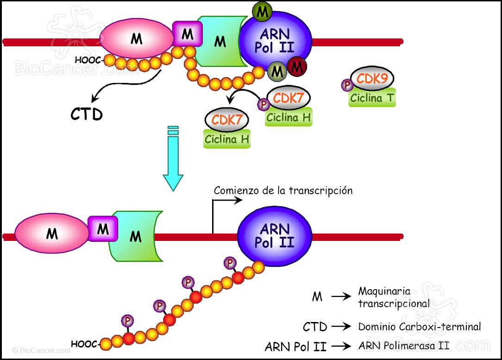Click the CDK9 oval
tap(372, 79)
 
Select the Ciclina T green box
tap(372, 98)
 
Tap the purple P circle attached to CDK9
tap(346, 85)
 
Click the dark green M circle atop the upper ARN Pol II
tap(263, 12)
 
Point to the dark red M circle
tap(297, 67)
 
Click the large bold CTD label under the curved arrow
tap(87, 114)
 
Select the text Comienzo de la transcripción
tap(283, 190)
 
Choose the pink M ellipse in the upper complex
tap(136, 39)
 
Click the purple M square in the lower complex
tap(102, 228)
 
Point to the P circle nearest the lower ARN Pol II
tap(229, 263)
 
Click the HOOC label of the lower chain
tap(84, 344)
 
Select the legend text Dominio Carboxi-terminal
tap(420, 327)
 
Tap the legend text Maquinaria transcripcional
tap(394, 297)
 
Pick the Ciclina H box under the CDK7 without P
tap(227, 139)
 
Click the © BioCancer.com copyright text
tap(42, 351)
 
